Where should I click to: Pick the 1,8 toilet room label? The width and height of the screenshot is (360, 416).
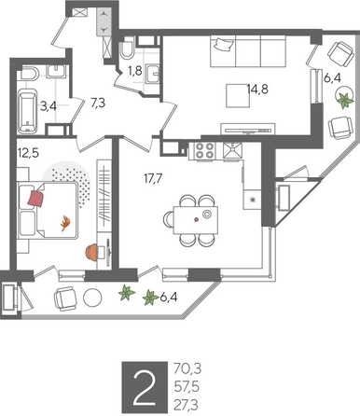click(135, 69)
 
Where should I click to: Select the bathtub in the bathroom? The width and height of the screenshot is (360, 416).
click(27, 110)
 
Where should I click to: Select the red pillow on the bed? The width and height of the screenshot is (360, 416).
click(37, 197)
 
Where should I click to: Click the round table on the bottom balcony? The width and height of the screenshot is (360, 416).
click(92, 299)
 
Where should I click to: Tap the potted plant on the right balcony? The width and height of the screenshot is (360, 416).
click(344, 100)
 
